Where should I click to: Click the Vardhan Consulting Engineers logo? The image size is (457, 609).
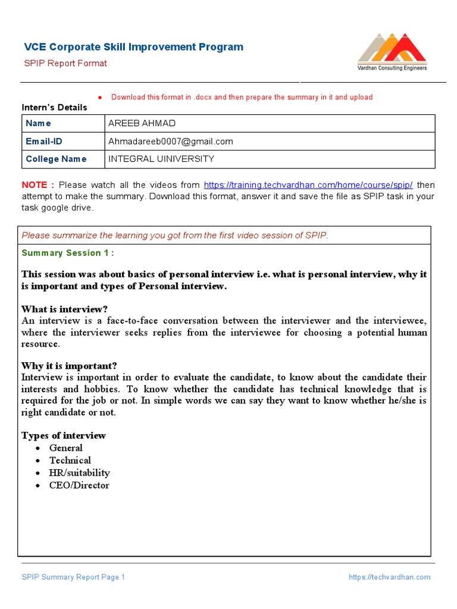click(x=392, y=53)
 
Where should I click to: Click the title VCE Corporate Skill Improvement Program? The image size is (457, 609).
click(x=133, y=47)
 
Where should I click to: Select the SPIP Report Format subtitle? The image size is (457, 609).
click(x=65, y=63)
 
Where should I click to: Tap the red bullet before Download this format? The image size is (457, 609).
click(x=100, y=98)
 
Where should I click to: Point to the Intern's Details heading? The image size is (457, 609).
click(x=54, y=108)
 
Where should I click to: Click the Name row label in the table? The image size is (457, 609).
click(x=38, y=123)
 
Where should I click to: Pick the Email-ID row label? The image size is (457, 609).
click(x=43, y=142)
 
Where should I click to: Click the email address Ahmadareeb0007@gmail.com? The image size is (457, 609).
click(x=171, y=142)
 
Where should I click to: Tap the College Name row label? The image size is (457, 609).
click(x=56, y=159)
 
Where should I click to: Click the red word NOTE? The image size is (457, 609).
click(x=38, y=184)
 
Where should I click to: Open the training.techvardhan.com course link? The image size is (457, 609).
click(x=308, y=184)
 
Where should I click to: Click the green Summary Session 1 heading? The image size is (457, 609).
click(x=68, y=253)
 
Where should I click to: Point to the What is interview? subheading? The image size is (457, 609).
click(x=64, y=309)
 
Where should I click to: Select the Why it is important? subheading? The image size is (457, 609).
click(x=69, y=365)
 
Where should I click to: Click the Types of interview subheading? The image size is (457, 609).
click(x=63, y=435)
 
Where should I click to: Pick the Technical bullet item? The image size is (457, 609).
click(x=70, y=460)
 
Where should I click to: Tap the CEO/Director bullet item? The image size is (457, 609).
click(x=79, y=485)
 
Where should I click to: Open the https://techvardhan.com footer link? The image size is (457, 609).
click(x=389, y=577)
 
